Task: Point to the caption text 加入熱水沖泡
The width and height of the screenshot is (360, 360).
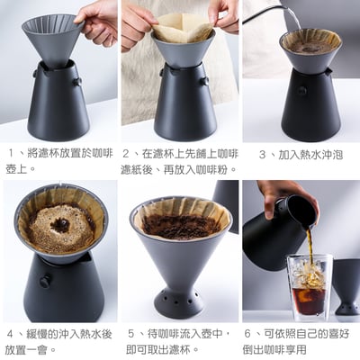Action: click(x=307, y=155)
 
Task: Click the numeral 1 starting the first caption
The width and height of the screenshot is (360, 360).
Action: click(x=12, y=155)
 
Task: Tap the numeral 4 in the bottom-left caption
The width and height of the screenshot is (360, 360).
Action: click(x=10, y=333)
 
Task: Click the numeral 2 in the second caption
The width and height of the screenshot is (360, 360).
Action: click(x=127, y=155)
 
